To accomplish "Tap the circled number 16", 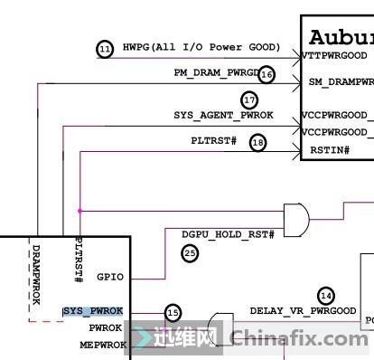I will (x=266, y=75).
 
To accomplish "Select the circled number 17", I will (x=249, y=99).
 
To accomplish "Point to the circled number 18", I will (x=258, y=142).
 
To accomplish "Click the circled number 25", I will (x=190, y=254).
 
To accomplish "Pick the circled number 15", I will (x=173, y=312).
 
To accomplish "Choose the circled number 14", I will (x=327, y=295).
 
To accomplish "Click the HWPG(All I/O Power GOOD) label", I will (x=201, y=47).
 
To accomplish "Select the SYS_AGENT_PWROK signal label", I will (x=223, y=116).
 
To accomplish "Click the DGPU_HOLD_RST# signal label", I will (x=227, y=234).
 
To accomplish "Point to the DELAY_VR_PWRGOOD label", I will (x=303, y=311).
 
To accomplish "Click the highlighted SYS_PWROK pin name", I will (x=93, y=311).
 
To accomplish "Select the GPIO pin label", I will (x=108, y=278).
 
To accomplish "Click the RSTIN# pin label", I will (x=329, y=150).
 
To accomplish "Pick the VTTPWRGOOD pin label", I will (x=336, y=55).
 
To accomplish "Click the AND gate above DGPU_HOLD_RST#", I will (x=295, y=216).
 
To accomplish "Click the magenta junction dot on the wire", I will (x=80, y=211).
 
